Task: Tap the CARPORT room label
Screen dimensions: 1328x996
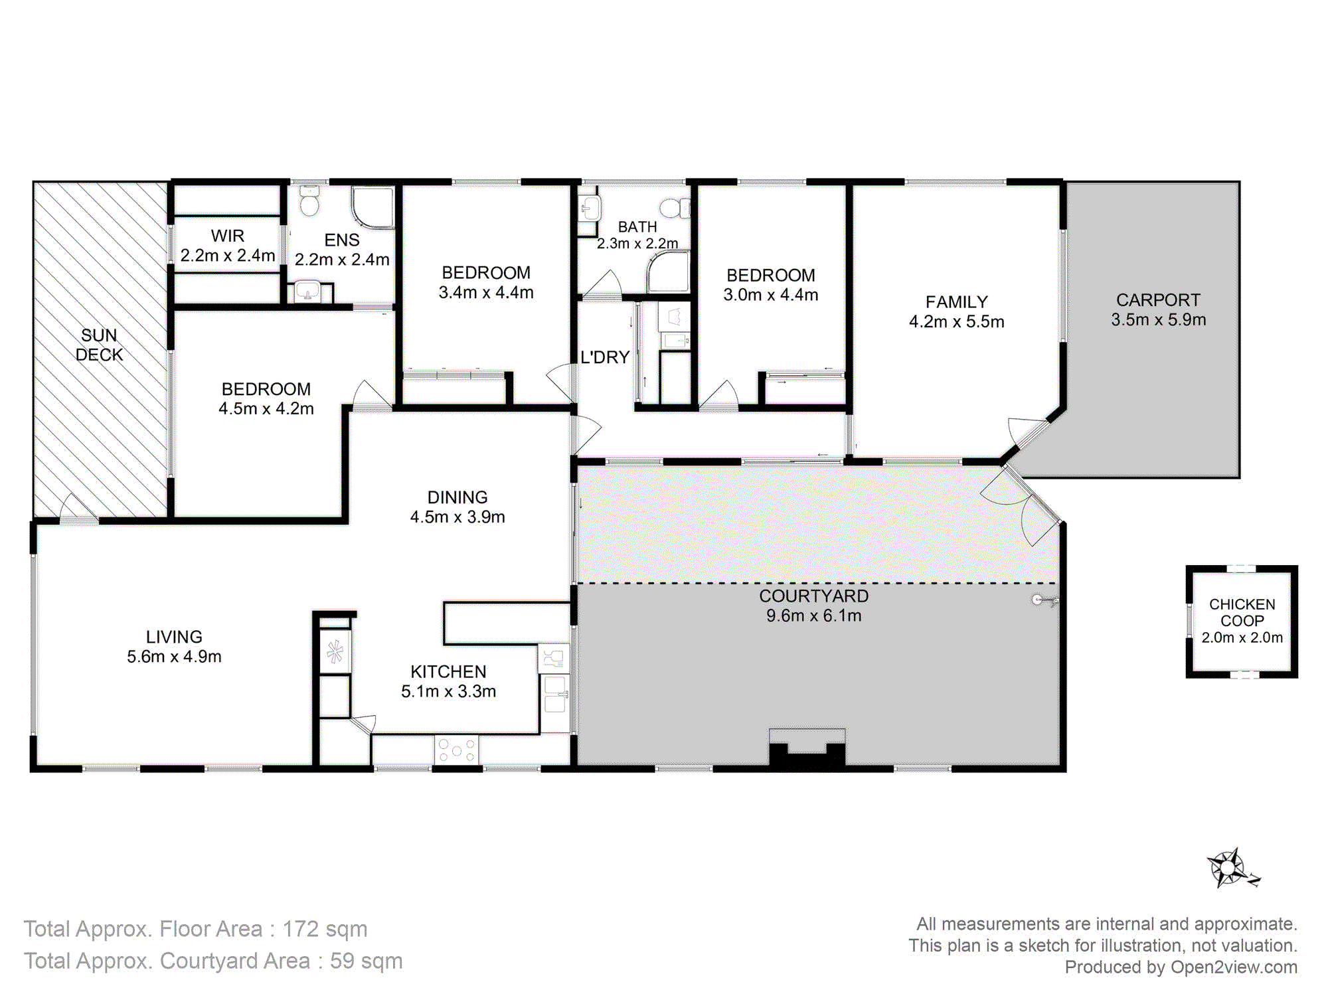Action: coord(1158,300)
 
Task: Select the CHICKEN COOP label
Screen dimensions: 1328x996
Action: coord(1242,612)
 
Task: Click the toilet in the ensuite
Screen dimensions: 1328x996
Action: coord(309,201)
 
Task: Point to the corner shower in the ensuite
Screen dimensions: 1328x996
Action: coord(373,208)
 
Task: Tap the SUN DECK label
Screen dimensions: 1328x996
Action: coord(99,345)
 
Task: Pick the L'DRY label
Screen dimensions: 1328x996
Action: coord(605,357)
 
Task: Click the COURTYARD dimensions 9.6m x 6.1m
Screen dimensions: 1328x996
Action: coord(814,616)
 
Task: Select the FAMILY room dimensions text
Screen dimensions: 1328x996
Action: coord(957,321)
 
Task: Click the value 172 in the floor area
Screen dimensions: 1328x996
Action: coord(300,929)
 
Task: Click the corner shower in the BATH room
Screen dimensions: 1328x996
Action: coord(668,272)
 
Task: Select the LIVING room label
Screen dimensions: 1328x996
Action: coord(174,637)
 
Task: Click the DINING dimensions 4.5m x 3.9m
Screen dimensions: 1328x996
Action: coord(457,517)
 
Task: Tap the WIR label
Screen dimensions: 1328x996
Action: coord(228,236)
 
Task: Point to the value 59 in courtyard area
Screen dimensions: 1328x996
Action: coord(342,961)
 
